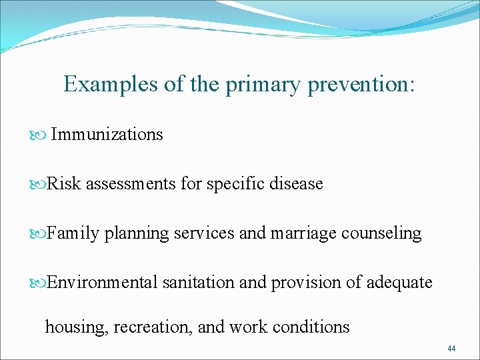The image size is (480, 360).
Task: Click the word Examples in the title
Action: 110,84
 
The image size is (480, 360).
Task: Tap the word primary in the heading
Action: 263,85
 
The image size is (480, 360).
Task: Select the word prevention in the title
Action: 358,84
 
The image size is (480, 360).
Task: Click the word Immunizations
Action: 107,134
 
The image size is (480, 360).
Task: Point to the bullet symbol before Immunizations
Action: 37,135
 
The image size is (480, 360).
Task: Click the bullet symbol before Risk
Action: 37,185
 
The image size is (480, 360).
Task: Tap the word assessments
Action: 131,184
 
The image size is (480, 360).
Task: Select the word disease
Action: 296,184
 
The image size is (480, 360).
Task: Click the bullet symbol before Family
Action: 37,234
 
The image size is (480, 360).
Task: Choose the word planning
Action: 137,234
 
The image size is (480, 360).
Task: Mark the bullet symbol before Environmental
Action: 37,283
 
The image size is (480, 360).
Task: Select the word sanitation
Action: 199,282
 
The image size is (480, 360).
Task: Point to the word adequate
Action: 399,283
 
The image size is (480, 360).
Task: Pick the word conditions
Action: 311,327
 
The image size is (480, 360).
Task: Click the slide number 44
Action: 451,349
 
